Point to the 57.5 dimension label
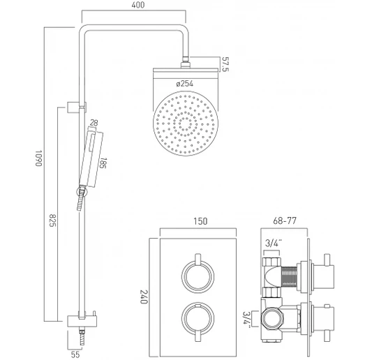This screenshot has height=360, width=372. pyautogui.click(x=225, y=63)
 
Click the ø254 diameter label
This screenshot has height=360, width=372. pyautogui.click(x=184, y=84)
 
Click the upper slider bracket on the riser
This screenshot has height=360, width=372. pyautogui.click(x=77, y=106)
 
